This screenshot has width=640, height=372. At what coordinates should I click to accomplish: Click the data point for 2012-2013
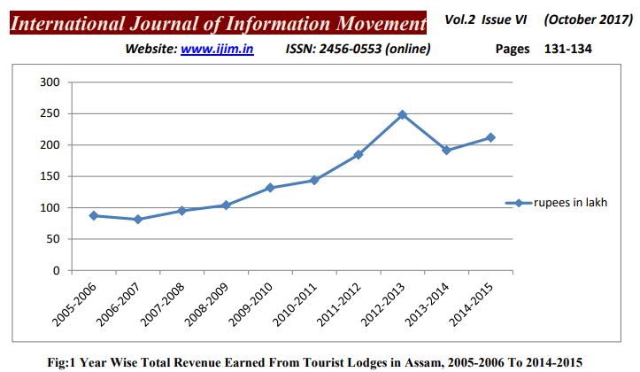402,114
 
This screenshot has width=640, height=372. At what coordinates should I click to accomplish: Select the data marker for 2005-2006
93,215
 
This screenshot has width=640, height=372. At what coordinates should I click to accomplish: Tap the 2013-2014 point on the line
446,151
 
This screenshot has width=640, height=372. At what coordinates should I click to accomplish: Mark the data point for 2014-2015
490,137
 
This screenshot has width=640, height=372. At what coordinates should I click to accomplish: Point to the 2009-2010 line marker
270,188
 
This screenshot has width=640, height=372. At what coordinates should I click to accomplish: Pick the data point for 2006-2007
137,220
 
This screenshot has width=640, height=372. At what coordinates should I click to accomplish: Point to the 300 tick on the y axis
50,82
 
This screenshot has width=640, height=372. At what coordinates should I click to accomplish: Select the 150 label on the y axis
50,176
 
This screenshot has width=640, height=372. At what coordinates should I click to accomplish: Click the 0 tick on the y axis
55,270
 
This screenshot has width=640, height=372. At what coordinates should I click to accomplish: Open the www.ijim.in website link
217,50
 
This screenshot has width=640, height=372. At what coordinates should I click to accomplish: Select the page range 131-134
567,50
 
